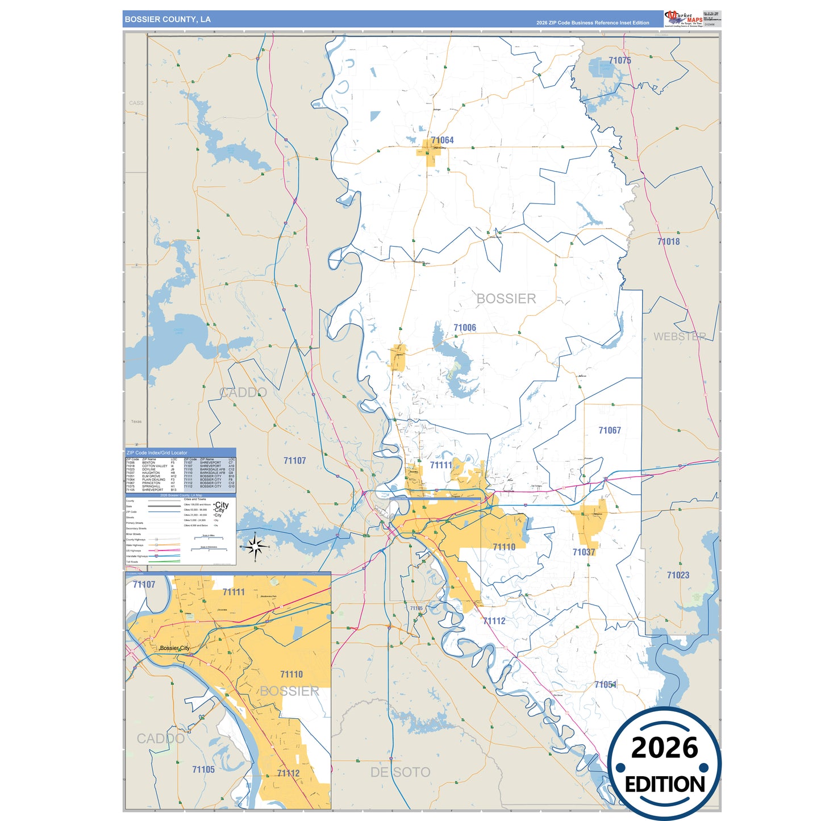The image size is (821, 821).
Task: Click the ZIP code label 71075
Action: pyautogui.click(x=619, y=60)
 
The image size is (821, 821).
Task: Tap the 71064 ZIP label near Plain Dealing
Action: pyautogui.click(x=442, y=140)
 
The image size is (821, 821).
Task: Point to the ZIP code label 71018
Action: pyautogui.click(x=668, y=241)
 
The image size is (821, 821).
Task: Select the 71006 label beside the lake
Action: pyautogui.click(x=464, y=328)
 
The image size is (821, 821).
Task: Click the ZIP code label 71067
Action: pyautogui.click(x=609, y=431)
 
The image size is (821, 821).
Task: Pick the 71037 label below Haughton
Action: pyautogui.click(x=584, y=552)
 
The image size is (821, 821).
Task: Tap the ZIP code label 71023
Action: pyautogui.click(x=677, y=575)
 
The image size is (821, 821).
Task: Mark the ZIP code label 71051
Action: pyautogui.click(x=605, y=685)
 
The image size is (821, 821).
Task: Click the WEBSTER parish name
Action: pyautogui.click(x=680, y=336)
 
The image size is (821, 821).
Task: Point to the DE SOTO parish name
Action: pyautogui.click(x=400, y=772)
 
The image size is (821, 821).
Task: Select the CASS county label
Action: pyautogui.click(x=136, y=103)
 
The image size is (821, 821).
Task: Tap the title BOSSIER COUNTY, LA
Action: pyautogui.click(x=168, y=19)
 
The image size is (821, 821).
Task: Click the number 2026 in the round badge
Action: pyautogui.click(x=664, y=748)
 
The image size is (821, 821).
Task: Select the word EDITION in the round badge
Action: pyautogui.click(x=664, y=785)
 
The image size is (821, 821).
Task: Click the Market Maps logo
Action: pyautogui.click(x=684, y=19)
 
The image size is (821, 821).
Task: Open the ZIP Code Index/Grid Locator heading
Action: pyautogui.click(x=157, y=453)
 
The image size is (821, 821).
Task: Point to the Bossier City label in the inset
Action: pyautogui.click(x=174, y=648)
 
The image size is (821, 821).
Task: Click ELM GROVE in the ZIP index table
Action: pyautogui.click(x=151, y=476)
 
